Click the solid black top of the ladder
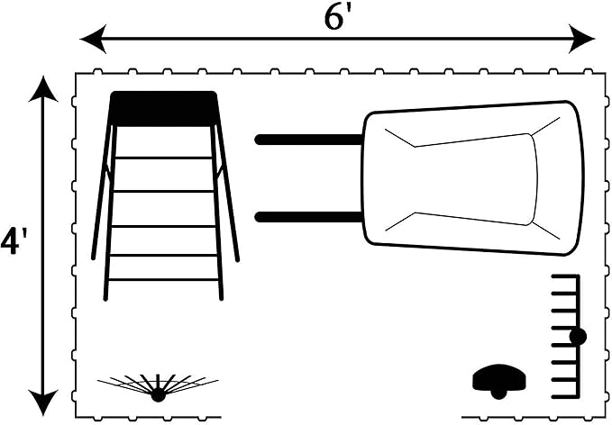pyautogui.click(x=163, y=108)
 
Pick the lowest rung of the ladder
pyautogui.click(x=163, y=280)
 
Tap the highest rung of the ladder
pyautogui.click(x=163, y=158)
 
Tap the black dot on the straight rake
pyautogui.click(x=578, y=337)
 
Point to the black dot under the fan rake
pyautogui.click(x=158, y=394)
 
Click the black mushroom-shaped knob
pyautogui.click(x=498, y=381)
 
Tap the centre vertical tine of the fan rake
pyautogui.click(x=158, y=381)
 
